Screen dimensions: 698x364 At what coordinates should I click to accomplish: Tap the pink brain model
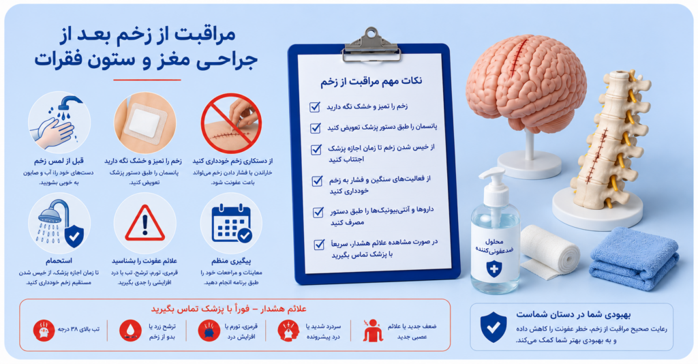point(526,82)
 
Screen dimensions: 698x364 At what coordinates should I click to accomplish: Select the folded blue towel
point(635,258)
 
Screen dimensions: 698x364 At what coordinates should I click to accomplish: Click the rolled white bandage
point(550,252)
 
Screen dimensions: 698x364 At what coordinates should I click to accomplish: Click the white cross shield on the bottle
point(494,269)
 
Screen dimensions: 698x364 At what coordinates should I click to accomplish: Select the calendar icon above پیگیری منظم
point(232,224)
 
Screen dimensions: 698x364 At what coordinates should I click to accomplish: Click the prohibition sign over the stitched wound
point(231,123)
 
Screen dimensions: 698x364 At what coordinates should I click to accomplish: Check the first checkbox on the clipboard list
point(315,107)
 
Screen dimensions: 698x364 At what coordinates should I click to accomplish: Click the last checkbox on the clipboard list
point(319,244)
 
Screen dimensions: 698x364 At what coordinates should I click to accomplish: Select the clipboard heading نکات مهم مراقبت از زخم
point(371,81)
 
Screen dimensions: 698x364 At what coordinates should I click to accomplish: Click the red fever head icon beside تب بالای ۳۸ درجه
point(44,330)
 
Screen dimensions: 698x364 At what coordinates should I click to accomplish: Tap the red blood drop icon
point(130,330)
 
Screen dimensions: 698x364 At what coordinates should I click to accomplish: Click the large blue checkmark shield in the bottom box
point(494,327)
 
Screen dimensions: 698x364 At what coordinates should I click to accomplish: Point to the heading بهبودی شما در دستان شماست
point(573,314)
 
